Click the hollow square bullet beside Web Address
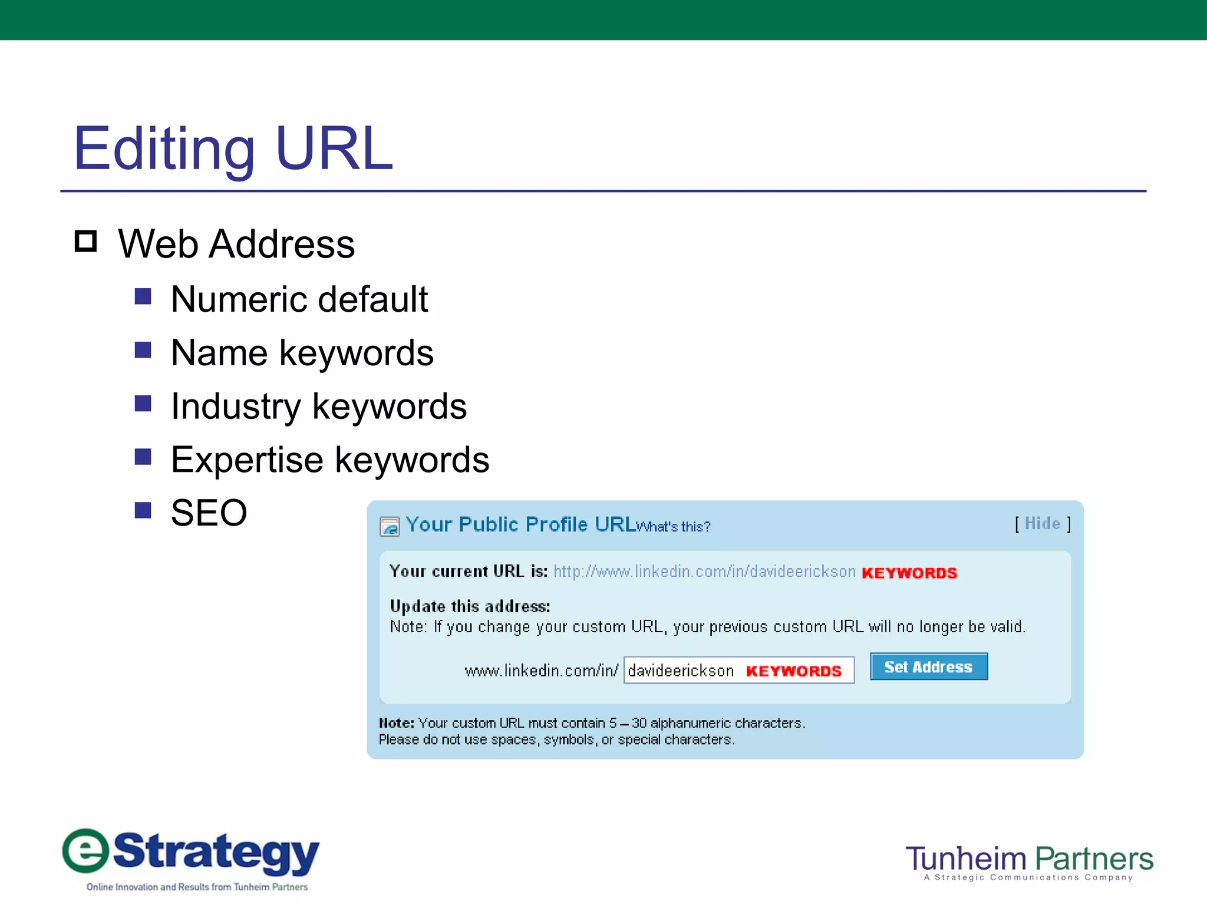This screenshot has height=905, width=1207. [x=86, y=242]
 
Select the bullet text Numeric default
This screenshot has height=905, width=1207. [x=299, y=299]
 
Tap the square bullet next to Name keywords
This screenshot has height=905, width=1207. [x=143, y=350]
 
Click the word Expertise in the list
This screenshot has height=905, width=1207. [x=247, y=460]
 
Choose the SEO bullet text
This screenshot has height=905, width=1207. [x=209, y=513]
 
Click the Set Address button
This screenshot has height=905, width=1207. [x=928, y=667]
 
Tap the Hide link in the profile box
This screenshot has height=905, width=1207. [x=1042, y=523]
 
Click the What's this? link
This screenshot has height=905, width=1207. [x=674, y=527]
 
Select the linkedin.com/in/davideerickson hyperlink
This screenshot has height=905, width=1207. [x=704, y=572]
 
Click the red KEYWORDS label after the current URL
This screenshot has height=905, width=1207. [x=909, y=573]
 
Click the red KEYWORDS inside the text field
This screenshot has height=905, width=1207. [x=793, y=671]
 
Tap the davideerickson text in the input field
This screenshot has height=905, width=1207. [x=681, y=671]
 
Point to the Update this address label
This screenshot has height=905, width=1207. [x=470, y=606]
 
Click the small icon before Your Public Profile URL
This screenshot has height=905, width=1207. [x=390, y=526]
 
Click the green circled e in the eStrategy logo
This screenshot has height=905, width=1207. [x=86, y=851]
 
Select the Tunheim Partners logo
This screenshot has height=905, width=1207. [x=1029, y=861]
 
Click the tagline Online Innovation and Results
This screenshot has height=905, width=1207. [x=197, y=887]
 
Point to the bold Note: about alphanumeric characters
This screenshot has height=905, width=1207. [x=396, y=723]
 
